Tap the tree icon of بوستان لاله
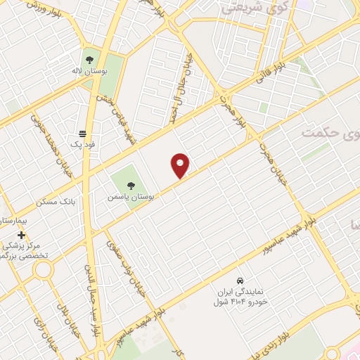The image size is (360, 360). tap(89, 58)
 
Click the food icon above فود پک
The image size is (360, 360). tap(84, 133)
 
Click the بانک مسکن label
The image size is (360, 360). tap(77, 202)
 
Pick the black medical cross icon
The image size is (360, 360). tap(21, 235)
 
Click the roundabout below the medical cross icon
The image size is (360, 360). tap(43, 269)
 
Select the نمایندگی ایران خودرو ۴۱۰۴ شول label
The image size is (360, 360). tap(239, 295)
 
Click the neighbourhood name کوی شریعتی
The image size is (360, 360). tap(245, 9)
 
